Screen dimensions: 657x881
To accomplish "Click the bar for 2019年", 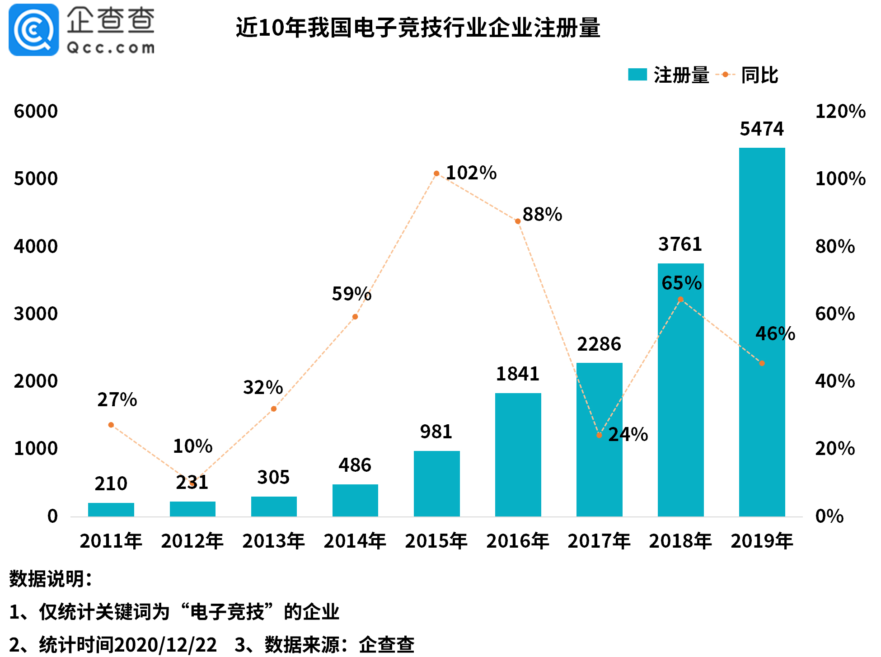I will (762, 332).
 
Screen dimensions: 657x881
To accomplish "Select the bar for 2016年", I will (518, 455).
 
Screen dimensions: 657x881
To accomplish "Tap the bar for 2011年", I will (111, 509).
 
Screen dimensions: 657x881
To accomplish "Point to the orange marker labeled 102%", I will (436, 174).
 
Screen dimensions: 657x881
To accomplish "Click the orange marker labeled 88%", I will (518, 221).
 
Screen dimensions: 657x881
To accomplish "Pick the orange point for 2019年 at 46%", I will (762, 363).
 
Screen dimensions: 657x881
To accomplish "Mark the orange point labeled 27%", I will (111, 425).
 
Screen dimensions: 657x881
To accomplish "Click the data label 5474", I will (762, 129).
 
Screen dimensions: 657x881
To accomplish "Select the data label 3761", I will (680, 244).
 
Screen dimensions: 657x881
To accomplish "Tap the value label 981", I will (436, 432).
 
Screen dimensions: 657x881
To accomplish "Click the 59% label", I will (351, 294).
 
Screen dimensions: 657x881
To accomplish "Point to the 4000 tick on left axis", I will (36, 247).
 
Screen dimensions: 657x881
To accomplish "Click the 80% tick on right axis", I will (834, 247).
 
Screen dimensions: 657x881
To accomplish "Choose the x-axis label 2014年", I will (355, 541).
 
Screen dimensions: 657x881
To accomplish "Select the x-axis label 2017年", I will (599, 541).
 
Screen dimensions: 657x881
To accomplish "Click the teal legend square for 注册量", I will (637, 75).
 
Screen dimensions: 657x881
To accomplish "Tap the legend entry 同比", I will (759, 75).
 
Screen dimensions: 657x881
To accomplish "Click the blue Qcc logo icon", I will (34, 30).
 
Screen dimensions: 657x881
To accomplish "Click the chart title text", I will (418, 28).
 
